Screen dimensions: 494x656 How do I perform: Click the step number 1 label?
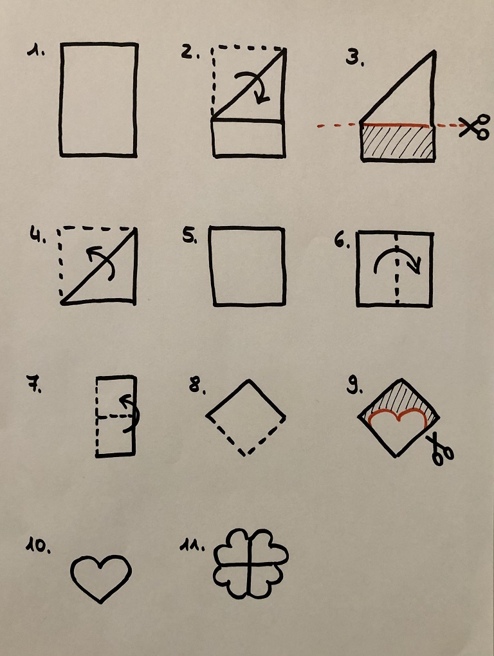[37, 51]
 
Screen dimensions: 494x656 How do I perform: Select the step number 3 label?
[355, 58]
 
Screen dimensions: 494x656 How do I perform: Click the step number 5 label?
[190, 236]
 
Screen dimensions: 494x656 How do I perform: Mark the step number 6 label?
[342, 240]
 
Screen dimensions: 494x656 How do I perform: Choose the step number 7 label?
[34, 384]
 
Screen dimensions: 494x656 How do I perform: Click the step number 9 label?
[355, 386]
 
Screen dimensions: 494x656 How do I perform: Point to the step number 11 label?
[192, 545]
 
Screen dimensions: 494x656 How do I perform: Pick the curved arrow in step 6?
[397, 251]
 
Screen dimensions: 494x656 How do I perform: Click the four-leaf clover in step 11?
[250, 564]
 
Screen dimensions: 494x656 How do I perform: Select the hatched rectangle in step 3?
[397, 142]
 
